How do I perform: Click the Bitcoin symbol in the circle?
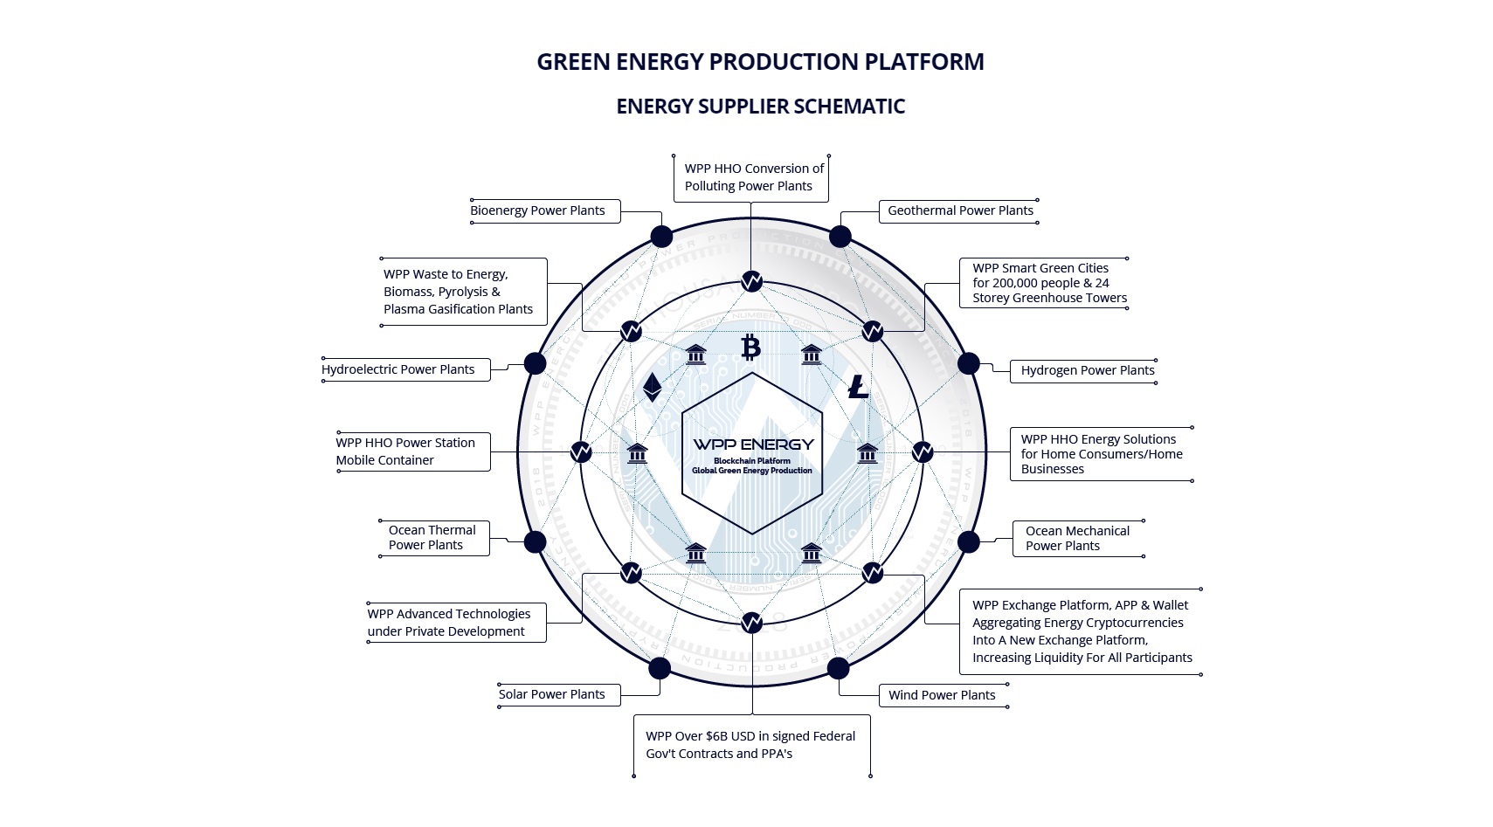(750, 348)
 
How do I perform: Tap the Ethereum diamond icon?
(652, 387)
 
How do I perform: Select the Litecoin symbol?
(859, 387)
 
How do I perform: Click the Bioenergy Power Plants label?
(537, 210)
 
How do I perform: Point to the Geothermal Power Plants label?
(960, 210)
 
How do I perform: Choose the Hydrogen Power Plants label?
(1088, 370)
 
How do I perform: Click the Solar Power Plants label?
(552, 694)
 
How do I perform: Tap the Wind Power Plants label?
(942, 695)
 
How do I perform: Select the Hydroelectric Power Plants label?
(398, 369)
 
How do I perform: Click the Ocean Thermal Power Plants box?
(432, 538)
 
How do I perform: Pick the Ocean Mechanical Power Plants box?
(1077, 539)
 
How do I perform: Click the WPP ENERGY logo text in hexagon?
(753, 445)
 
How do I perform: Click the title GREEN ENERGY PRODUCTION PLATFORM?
(760, 62)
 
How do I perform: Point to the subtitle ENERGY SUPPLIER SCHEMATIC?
(760, 107)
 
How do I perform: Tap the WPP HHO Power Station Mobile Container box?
(406, 451)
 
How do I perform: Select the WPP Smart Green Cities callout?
(1049, 283)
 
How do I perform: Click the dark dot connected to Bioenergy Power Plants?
(661, 237)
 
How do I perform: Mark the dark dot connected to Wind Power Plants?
(838, 668)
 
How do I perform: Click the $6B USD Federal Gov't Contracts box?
(750, 745)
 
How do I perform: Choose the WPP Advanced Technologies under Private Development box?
(449, 623)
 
